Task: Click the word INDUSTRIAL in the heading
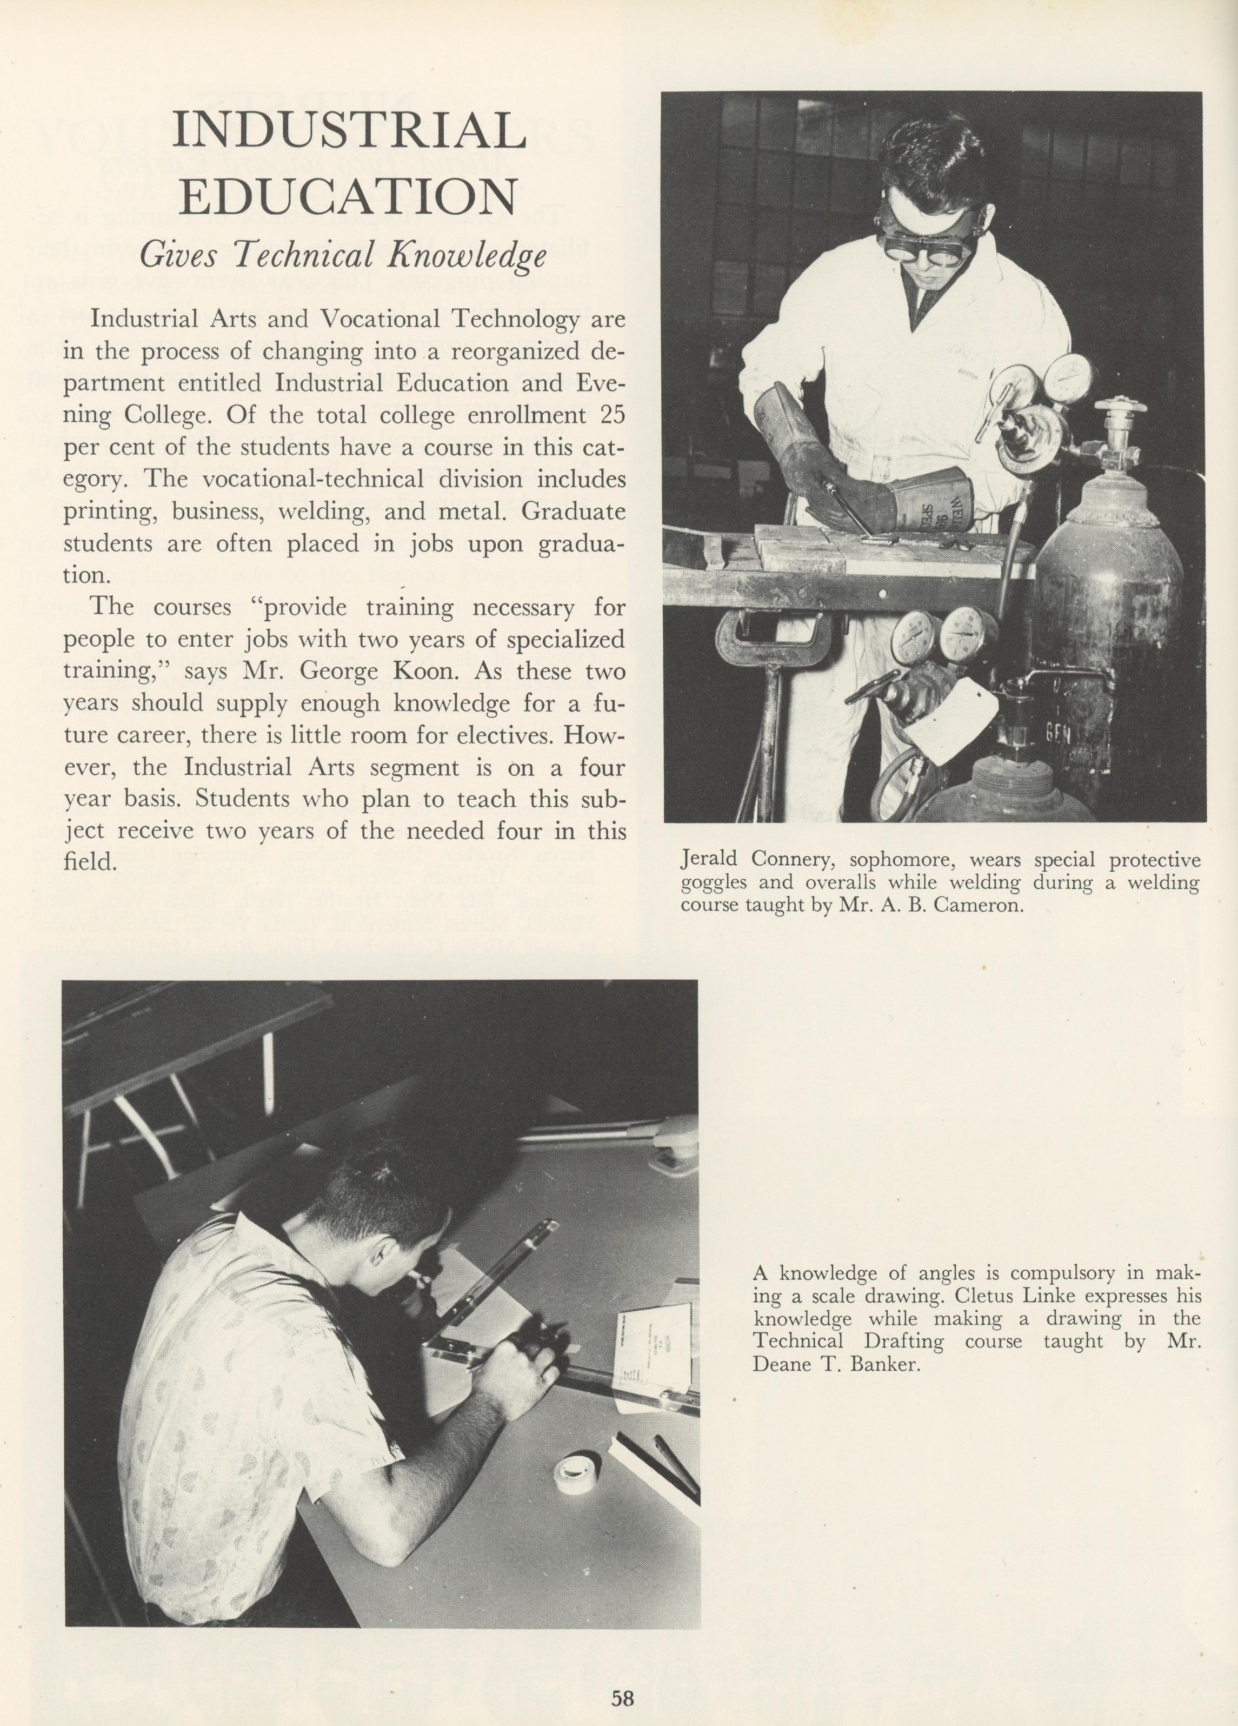[349, 131]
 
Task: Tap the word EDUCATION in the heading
[349, 196]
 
